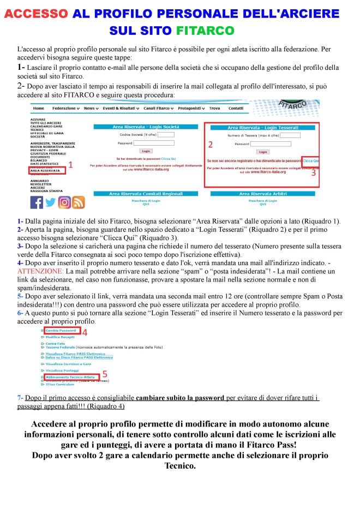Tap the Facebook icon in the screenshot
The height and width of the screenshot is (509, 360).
point(37,202)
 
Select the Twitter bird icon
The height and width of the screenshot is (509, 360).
point(51,202)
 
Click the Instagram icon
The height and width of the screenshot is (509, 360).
point(64,202)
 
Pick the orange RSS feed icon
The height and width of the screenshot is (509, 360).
point(79,202)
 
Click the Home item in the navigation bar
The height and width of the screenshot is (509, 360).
point(39,109)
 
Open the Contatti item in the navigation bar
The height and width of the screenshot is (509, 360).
point(236,109)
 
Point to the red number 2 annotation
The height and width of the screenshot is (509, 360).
point(211,145)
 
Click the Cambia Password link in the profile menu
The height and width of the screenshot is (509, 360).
point(60,331)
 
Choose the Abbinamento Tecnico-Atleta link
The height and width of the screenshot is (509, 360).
point(70,376)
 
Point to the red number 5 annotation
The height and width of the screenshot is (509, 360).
point(105,374)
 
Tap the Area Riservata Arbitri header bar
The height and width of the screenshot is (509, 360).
point(263,194)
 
